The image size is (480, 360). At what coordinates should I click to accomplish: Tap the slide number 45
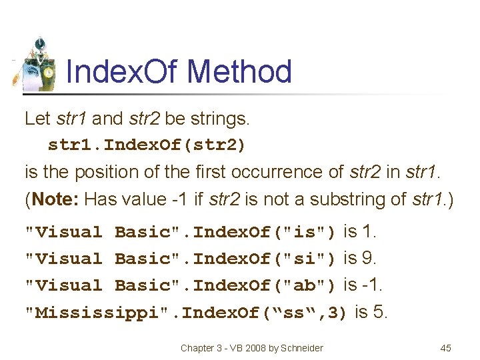click(x=446, y=347)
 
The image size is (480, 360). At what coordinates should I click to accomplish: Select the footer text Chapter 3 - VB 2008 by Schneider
click(x=252, y=347)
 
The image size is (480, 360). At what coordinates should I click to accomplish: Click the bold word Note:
click(x=57, y=199)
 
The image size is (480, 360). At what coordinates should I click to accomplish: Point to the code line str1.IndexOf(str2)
click(x=147, y=145)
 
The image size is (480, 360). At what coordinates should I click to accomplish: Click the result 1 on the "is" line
click(x=370, y=231)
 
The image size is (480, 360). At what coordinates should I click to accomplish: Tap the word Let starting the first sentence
click(x=37, y=119)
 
